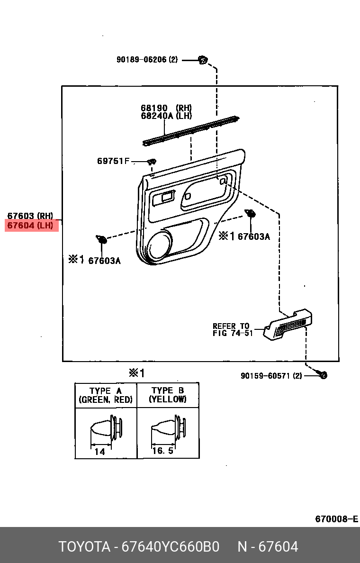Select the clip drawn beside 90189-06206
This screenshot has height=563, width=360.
click(203, 60)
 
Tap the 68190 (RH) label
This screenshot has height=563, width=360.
click(166, 108)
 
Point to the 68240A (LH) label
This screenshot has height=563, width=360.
click(166, 116)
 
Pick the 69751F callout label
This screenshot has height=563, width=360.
click(113, 161)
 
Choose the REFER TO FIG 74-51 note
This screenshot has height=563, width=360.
click(232, 329)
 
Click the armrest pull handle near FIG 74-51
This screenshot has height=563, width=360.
click(289, 325)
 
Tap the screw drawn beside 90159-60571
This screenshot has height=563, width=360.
click(324, 375)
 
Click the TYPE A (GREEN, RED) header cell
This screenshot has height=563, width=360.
click(106, 395)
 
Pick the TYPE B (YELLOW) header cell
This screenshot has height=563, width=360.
click(168, 395)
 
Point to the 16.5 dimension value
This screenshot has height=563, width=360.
click(162, 451)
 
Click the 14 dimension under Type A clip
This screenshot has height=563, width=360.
click(99, 452)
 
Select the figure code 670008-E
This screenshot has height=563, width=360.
click(336, 519)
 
